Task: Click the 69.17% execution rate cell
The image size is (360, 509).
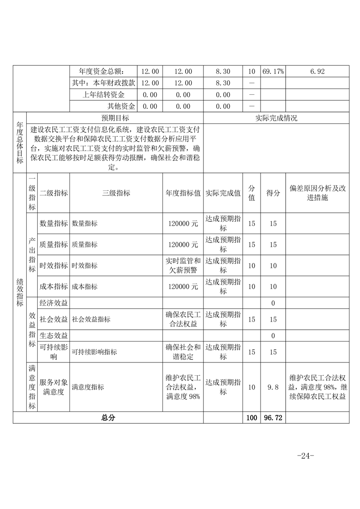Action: coord(273,71)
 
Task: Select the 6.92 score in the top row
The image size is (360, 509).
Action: coord(317,71)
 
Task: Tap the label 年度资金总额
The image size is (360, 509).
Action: coord(101,71)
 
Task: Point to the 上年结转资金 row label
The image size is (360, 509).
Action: coord(104,95)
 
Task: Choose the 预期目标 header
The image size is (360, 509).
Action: coord(115,118)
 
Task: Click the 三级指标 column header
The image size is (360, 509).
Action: coord(116,193)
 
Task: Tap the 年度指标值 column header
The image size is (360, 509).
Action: coord(183,193)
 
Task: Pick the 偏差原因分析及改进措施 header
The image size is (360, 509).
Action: coord(317,193)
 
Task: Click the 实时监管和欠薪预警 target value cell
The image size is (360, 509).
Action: coord(183,265)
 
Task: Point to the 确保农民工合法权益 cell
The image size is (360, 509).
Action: coord(183,319)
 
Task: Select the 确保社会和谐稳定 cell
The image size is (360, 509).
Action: coord(183,352)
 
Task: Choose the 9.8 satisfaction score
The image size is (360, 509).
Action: coord(272,387)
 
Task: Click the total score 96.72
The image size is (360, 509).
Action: coord(272,418)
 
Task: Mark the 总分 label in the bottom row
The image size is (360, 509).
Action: coord(108,418)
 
